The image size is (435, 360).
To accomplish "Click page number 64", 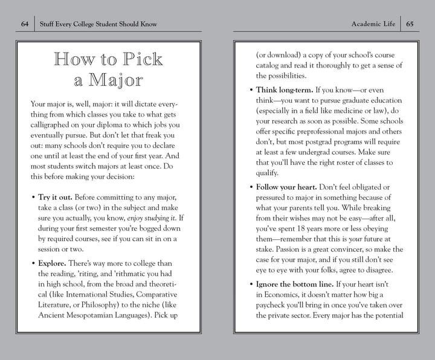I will [x=25, y=24].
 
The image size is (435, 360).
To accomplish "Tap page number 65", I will [x=410, y=24].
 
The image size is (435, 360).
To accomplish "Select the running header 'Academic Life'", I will [x=373, y=24].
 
